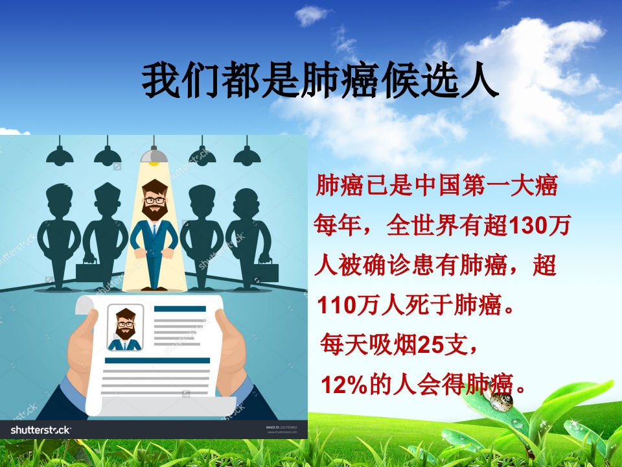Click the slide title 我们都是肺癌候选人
pyautogui.click(x=320, y=80)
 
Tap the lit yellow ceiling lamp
pyautogui.click(x=154, y=154)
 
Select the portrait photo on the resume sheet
pyautogui.click(x=125, y=328)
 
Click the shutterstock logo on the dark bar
pyautogui.click(x=41, y=429)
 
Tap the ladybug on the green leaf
pyautogui.click(x=501, y=401)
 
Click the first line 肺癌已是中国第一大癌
pyautogui.click(x=436, y=187)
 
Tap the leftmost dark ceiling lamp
pyautogui.click(x=60, y=156)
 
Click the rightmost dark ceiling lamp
pyautogui.click(x=247, y=156)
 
